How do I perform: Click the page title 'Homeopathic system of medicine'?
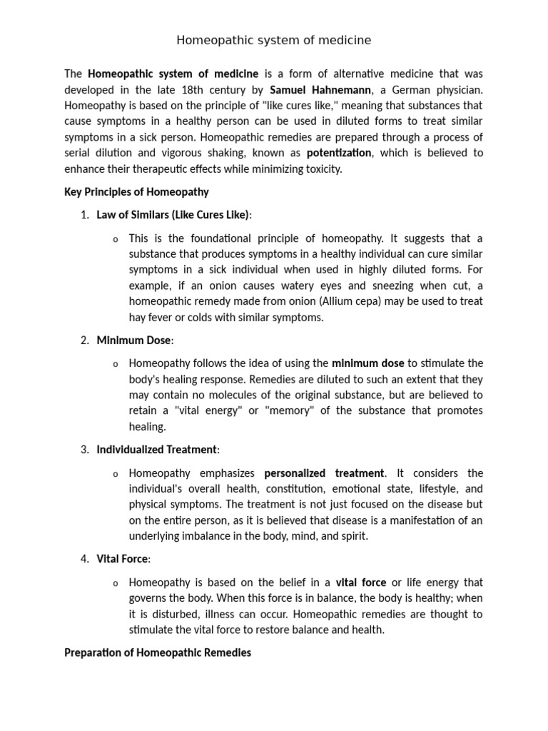pos(274,41)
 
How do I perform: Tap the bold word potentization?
pos(339,153)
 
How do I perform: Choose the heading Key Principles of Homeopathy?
pos(136,192)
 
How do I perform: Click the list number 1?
pos(84,215)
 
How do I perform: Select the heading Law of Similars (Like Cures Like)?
pos(173,215)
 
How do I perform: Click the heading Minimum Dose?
pos(134,341)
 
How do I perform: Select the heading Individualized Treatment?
pos(157,450)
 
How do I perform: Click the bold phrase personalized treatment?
pos(324,473)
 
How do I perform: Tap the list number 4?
pos(84,559)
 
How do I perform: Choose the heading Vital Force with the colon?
pos(123,559)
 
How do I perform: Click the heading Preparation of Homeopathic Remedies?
pos(158,653)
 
